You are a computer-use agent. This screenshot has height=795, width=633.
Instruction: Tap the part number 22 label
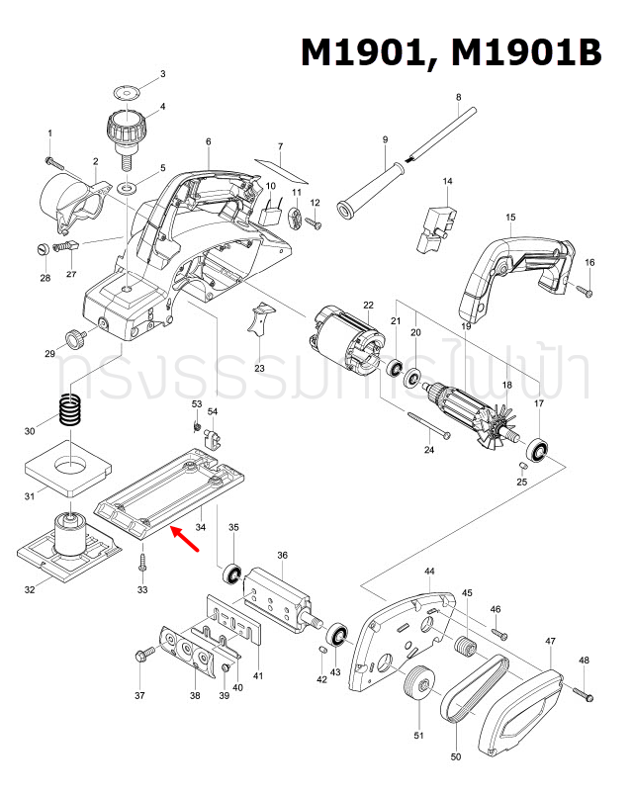pos(368,306)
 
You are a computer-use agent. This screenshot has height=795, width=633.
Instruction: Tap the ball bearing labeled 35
pos(233,573)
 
